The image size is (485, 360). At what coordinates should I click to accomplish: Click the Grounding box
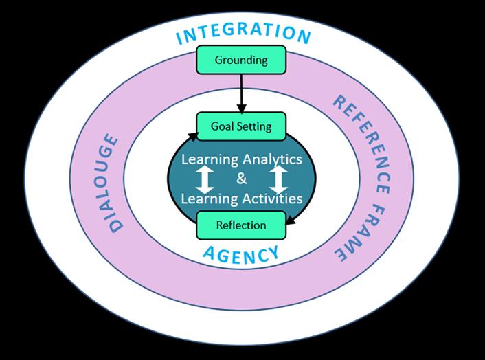(x=241, y=60)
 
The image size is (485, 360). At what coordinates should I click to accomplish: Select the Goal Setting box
(x=241, y=126)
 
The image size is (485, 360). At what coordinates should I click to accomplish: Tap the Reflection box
(x=241, y=225)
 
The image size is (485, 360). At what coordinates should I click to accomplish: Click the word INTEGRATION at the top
(x=243, y=34)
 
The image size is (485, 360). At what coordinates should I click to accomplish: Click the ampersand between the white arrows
(x=241, y=179)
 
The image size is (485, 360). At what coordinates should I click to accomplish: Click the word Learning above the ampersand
(x=207, y=159)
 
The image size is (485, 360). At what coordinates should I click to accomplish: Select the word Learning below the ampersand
(x=207, y=199)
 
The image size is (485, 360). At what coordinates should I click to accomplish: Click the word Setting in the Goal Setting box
(x=255, y=126)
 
